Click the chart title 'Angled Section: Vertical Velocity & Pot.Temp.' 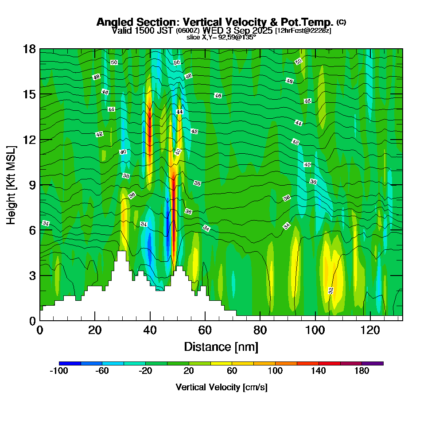[215, 22]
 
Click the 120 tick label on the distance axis [370, 330]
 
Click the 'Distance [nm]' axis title [221, 346]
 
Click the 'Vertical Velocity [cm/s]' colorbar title [221, 387]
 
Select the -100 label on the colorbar [59, 371]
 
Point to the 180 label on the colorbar [362, 371]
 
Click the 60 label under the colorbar [232, 371]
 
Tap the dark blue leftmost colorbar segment [70, 363]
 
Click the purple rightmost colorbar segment [373, 363]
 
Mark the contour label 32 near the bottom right [330, 291]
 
